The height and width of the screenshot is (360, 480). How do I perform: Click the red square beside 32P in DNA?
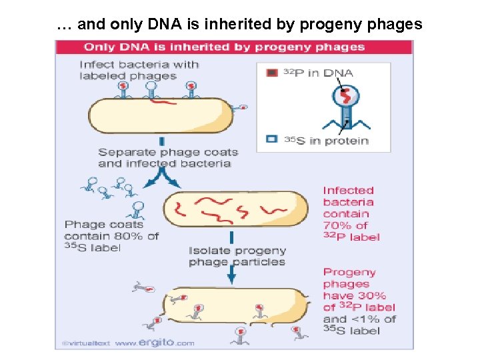coord(272,73)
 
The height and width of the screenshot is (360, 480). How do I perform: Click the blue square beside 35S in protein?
coord(272,139)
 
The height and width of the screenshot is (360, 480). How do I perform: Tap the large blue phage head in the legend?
coord(345,97)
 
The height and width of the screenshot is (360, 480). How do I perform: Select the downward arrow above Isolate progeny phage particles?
coord(231,237)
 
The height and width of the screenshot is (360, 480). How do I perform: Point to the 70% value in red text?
coord(337,225)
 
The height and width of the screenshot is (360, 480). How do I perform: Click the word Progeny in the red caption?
coord(349,272)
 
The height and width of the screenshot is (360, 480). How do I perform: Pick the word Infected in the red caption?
coord(348,191)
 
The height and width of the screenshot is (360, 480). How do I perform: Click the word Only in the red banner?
coord(99,47)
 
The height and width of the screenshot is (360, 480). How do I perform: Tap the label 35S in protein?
coord(327,140)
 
